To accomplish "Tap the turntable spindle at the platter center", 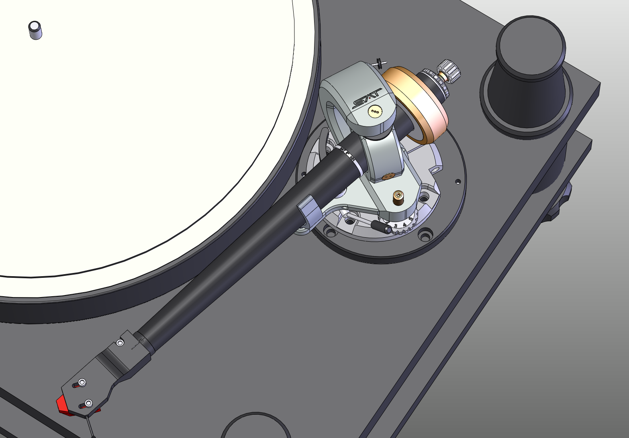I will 35,30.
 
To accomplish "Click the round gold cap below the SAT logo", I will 376,112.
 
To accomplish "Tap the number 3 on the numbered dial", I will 396,226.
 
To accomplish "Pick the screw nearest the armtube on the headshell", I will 120,342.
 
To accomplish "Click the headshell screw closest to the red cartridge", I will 89,403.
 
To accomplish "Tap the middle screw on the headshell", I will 82,382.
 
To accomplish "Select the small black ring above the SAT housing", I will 379,63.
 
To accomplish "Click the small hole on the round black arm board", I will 457,181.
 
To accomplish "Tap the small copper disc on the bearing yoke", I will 388,176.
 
